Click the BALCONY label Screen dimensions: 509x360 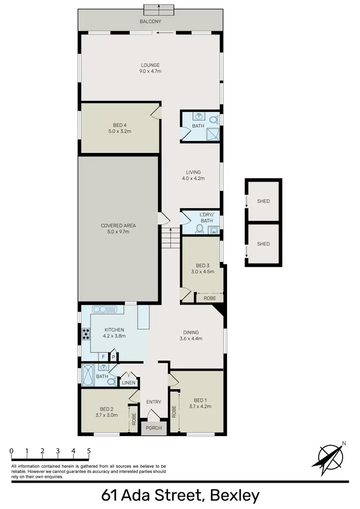click(x=150, y=22)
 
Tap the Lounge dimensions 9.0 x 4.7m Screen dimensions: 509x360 click(x=150, y=71)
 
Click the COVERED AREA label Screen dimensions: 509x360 click(x=118, y=225)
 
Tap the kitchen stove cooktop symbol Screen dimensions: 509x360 click(x=86, y=333)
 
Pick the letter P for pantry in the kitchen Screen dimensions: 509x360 click(x=114, y=357)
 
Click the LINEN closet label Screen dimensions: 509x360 click(x=128, y=382)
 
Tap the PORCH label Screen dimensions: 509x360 click(x=154, y=428)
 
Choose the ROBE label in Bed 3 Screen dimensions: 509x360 click(x=210, y=298)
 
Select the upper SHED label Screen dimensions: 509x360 click(x=263, y=201)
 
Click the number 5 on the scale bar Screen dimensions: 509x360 click(x=89, y=451)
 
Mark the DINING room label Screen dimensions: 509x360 click(x=191, y=332)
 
